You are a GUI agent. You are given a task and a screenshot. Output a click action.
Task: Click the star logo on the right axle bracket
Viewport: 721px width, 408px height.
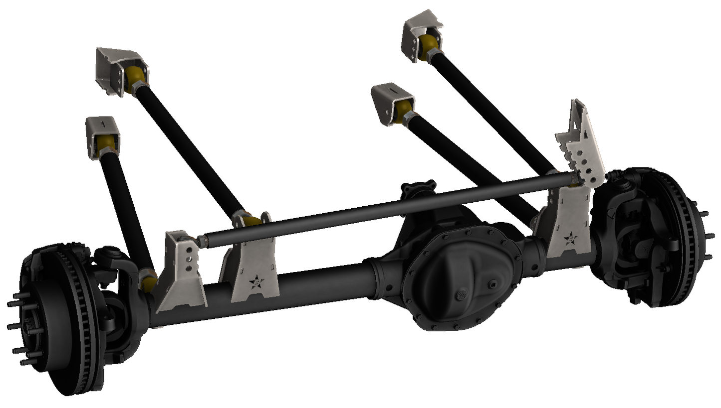coord(570,239)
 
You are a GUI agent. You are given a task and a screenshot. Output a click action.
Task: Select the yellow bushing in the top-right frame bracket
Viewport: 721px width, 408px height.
coord(430,46)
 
